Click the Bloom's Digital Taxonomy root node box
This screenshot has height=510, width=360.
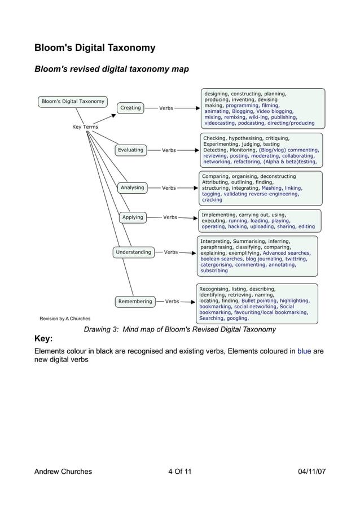pos(73,102)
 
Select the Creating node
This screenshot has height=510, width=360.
pos(130,108)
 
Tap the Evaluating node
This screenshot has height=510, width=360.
pos(130,150)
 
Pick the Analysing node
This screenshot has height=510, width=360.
pos(132,188)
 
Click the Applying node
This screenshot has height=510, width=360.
pos(133,217)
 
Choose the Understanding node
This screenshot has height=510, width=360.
pos(133,252)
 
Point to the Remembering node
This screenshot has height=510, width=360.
pos(135,302)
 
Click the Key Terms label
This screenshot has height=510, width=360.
pos(85,127)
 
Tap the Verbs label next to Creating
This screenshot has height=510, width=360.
pos(166,108)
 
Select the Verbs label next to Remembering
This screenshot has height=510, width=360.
pos(172,302)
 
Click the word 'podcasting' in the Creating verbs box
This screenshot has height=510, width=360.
pos(251,123)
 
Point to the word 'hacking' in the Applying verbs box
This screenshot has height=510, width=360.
pos(238,227)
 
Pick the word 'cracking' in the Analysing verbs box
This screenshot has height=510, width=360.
pos(212,200)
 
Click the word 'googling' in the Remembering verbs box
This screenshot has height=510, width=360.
pos(238,319)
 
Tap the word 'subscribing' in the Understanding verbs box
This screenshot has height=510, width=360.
pos(214,271)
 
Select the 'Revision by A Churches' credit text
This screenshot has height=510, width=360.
pos(65,319)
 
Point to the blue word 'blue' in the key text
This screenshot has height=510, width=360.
pos(304,351)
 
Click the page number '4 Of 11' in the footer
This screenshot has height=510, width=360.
pos(179,472)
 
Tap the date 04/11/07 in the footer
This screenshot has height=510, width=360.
pos(311,472)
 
